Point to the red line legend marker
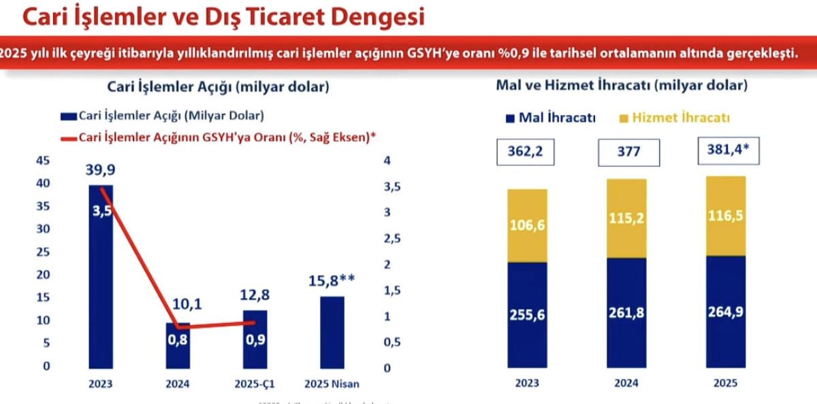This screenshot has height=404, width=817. (69, 137)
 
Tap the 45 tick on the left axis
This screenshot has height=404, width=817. (42, 161)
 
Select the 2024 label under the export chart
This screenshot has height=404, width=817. (626, 383)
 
